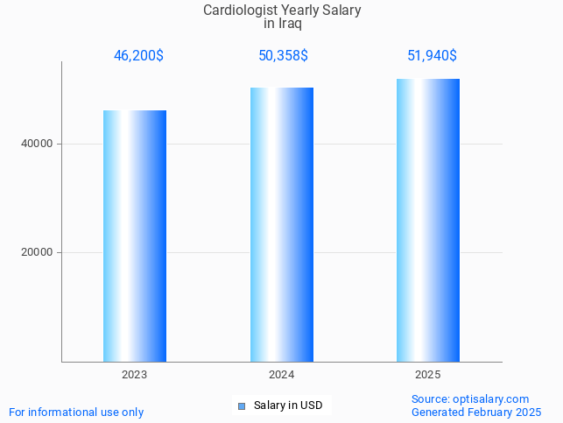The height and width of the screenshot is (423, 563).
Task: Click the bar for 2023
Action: pos(135,236)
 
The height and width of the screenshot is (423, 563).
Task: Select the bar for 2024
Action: pos(282,224)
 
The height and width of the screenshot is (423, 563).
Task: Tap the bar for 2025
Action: pos(428,220)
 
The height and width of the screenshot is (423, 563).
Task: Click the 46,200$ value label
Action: pos(138,56)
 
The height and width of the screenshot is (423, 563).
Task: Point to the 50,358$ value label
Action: pos(283,56)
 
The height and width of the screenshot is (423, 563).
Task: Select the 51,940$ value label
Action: pos(432,56)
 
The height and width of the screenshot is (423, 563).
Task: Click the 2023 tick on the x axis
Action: pos(135,374)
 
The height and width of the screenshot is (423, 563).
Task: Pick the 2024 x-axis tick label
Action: pos(282,374)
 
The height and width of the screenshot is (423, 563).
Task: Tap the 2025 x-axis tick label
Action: pos(428,374)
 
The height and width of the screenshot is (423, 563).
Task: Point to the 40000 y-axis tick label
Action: pos(38,144)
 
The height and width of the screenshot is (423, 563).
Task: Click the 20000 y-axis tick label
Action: pos(38,252)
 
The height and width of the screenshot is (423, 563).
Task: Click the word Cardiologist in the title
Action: pos(240,11)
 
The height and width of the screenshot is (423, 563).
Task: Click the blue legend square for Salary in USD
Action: pos(242,406)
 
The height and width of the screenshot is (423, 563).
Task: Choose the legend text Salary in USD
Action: pos(288,405)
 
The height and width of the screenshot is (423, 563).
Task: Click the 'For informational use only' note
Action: pos(76,412)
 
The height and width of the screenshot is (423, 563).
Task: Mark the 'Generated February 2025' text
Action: pos(475,412)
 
